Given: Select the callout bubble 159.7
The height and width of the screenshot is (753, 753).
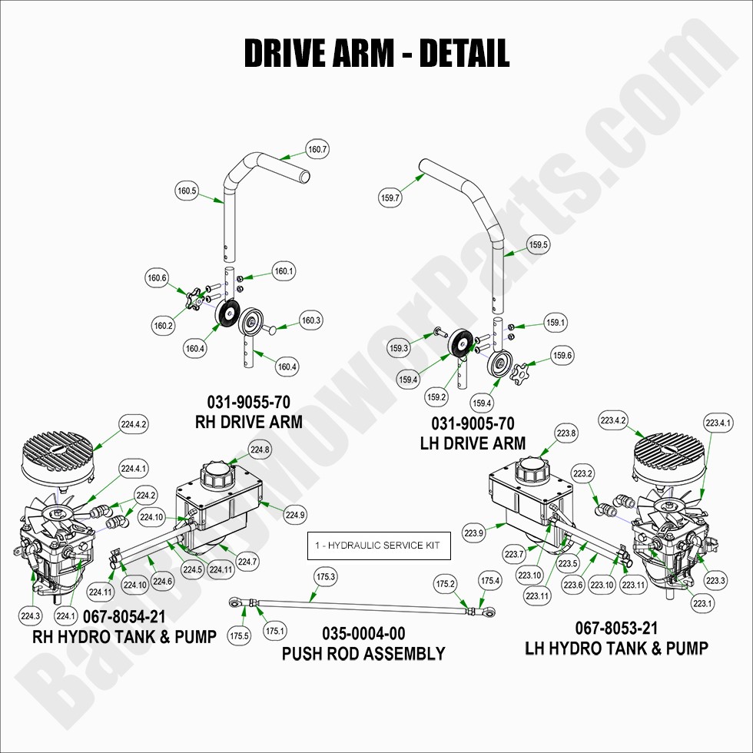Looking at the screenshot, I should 390,197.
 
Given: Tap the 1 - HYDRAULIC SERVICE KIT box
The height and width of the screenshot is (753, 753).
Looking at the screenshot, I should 379,545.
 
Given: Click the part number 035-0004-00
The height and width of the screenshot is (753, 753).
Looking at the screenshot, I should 363,634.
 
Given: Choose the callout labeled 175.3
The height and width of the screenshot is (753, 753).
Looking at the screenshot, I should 326,576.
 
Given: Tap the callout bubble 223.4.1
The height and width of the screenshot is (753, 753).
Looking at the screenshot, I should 718,422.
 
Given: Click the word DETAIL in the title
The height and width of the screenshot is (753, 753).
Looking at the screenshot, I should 464,53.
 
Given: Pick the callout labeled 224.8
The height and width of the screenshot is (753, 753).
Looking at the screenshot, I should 260,449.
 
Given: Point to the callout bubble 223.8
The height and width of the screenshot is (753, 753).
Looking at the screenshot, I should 566,434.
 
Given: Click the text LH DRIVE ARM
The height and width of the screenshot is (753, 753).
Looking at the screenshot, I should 473,443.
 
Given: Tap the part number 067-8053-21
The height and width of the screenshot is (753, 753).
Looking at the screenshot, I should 616,629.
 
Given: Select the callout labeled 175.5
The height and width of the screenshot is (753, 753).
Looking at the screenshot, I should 239,635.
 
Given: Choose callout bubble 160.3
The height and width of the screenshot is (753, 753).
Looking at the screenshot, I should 310,320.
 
